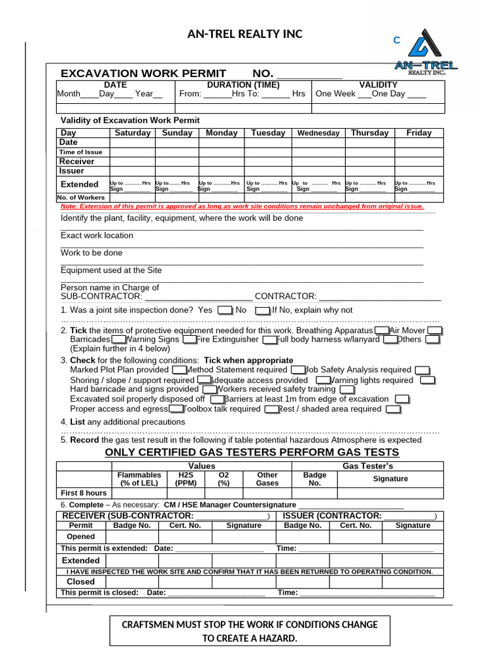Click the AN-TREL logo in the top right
coord(426,52)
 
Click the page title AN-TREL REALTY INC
coord(244,34)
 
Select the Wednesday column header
coord(318,133)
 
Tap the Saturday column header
coord(133,133)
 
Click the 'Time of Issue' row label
coord(81,152)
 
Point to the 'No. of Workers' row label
coord(81,197)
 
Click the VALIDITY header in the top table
coord(378,85)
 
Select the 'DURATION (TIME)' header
coord(243,85)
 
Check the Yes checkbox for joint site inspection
coord(224,311)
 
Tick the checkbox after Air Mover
coord(435,331)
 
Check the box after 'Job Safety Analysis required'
coord(422,370)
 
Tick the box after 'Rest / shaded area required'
coord(393,410)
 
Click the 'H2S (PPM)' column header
coord(186,479)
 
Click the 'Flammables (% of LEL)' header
coord(139,479)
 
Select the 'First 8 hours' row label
coord(84,493)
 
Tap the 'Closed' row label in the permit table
coord(81,581)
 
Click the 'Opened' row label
coord(81,537)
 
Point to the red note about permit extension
coord(242,206)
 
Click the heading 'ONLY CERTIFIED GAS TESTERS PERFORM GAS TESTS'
coord(252,453)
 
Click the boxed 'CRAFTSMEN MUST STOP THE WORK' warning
coord(250,631)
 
